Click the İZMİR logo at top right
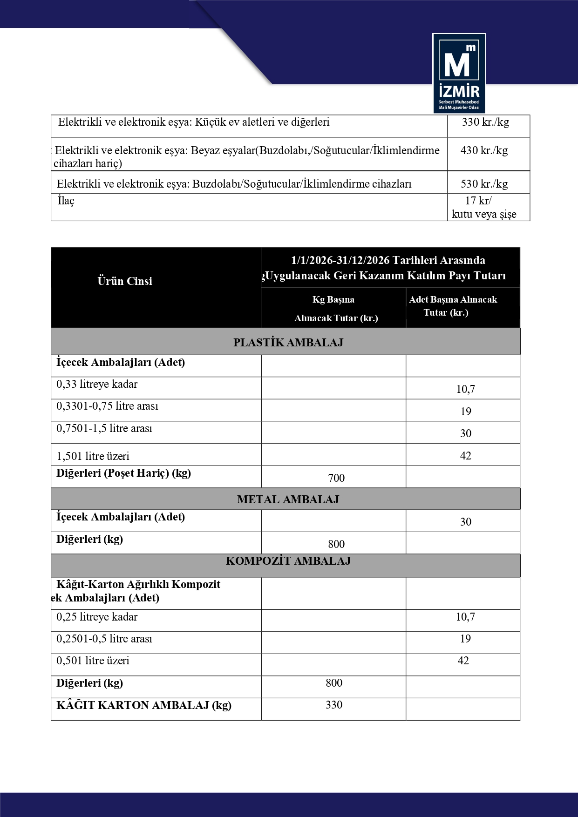[459, 73]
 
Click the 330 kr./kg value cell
[485, 122]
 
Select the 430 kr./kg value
[484, 150]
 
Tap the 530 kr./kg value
[484, 184]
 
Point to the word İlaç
[66, 201]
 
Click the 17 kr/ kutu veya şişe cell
[484, 208]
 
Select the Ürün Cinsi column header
[125, 281]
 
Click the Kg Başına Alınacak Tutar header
[334, 309]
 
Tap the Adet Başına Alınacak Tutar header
[453, 306]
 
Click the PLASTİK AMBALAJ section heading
[288, 343]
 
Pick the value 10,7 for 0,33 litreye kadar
[465, 389]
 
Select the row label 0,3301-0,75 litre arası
[108, 406]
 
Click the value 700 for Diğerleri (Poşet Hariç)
[336, 478]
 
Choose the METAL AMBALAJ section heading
[288, 500]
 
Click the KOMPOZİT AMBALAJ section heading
[288, 561]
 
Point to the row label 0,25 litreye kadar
[97, 617]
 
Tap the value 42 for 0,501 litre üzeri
[463, 661]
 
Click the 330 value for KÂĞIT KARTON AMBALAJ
[334, 705]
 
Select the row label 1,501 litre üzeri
[93, 456]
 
